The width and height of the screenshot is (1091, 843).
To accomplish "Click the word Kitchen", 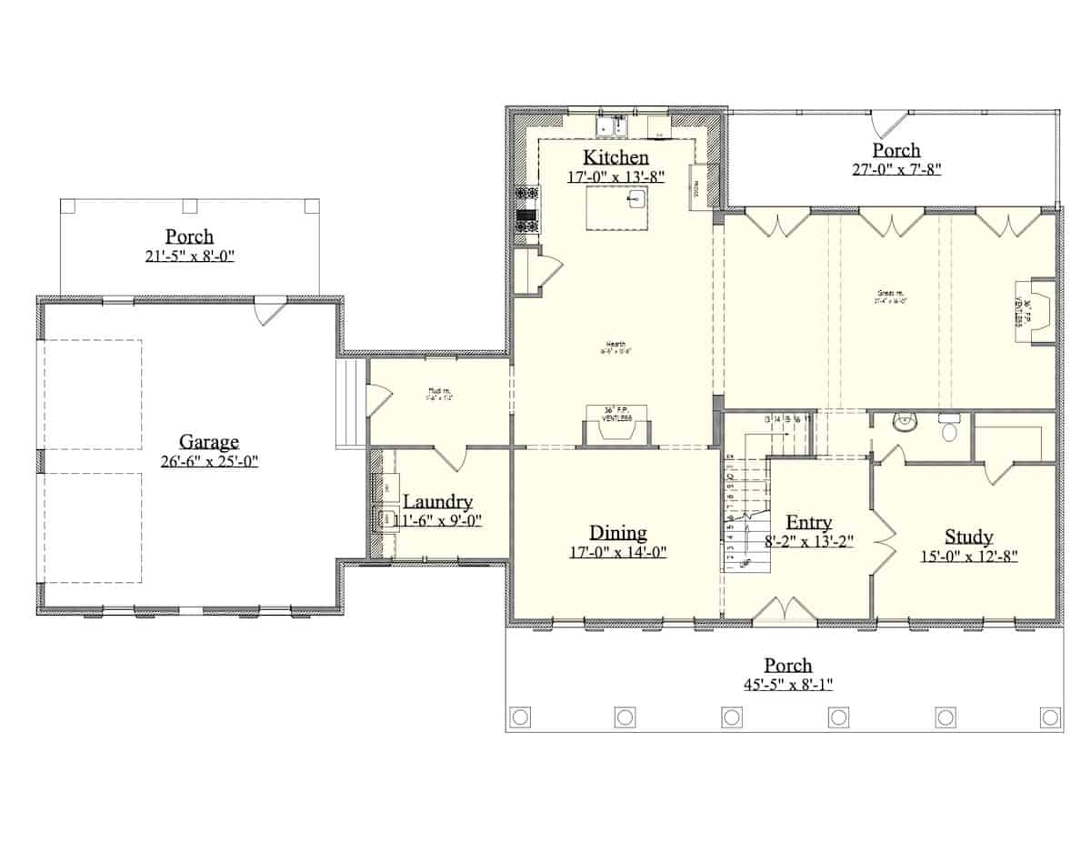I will tap(616, 156).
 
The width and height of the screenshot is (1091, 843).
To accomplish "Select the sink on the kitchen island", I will tap(635, 197).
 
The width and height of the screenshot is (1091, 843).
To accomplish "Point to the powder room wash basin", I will tap(903, 421).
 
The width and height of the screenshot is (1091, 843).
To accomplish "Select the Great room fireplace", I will tap(1035, 311).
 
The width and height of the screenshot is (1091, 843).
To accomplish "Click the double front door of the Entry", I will tap(785, 610).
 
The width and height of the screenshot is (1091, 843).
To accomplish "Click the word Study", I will tap(968, 537).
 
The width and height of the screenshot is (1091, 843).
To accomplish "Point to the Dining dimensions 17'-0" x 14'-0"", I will tap(617, 552).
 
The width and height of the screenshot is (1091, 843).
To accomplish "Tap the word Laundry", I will tap(437, 502).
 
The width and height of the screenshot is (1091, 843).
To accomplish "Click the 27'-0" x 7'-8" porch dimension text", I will tap(896, 169).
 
